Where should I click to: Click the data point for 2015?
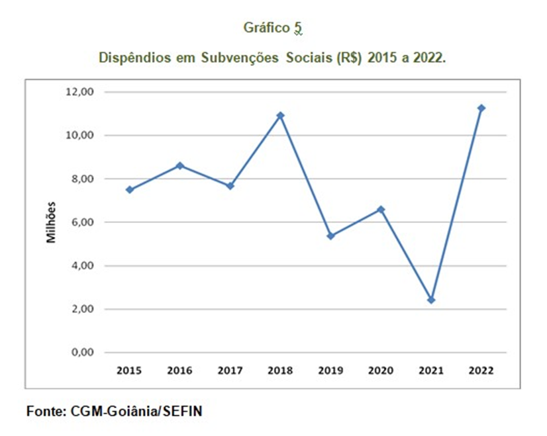point(130,190)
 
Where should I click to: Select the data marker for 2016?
point(179,165)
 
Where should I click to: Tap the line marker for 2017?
point(230,186)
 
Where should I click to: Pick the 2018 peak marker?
point(280,115)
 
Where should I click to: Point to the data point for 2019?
point(330,236)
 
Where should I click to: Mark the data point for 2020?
point(381,209)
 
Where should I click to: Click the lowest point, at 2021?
point(431,300)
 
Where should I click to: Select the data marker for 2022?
point(481,108)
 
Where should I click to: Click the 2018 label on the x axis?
point(280,371)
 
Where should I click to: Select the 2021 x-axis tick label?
point(431,371)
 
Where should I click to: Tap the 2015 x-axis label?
point(130,371)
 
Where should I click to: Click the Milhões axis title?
point(50,222)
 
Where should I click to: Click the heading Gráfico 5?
point(273,28)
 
